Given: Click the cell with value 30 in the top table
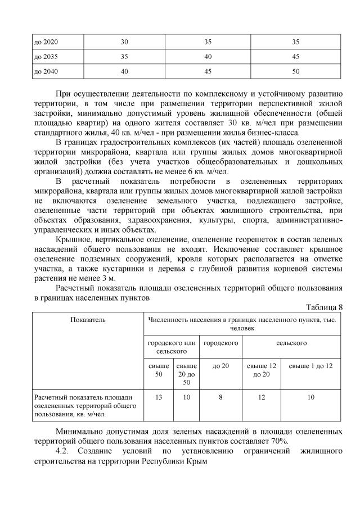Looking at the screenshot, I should pos(124,42).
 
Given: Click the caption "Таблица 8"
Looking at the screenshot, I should pos(323,307).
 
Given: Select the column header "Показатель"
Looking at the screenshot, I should pos(88,320).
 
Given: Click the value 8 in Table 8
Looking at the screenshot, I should pos(220,397).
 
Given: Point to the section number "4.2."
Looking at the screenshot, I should pos(66,451).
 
